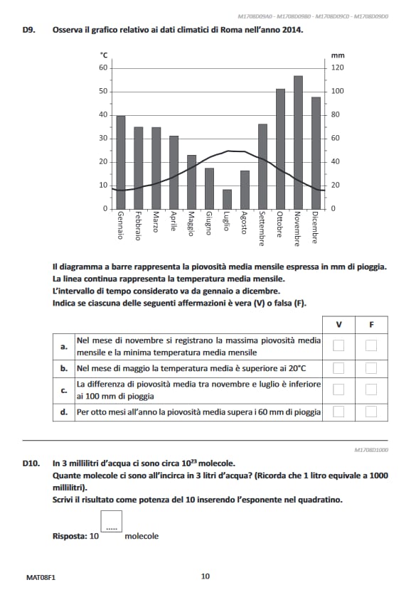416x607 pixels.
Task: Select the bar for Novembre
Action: [x=298, y=142]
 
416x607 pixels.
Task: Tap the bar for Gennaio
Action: [x=121, y=162]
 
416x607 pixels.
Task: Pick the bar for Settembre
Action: [x=262, y=166]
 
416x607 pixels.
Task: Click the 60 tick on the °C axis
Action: [x=102, y=68]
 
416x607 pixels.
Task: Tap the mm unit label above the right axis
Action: [x=337, y=55]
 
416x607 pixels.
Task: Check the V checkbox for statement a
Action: [x=338, y=346]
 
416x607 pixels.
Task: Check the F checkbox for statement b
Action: [x=370, y=368]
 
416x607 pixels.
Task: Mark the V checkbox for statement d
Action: [x=338, y=412]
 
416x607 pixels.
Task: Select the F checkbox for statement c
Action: [x=370, y=390]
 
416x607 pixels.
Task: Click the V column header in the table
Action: [x=338, y=325]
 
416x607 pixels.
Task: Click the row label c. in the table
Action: [x=64, y=390]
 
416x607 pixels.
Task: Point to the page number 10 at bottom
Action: [x=206, y=576]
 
